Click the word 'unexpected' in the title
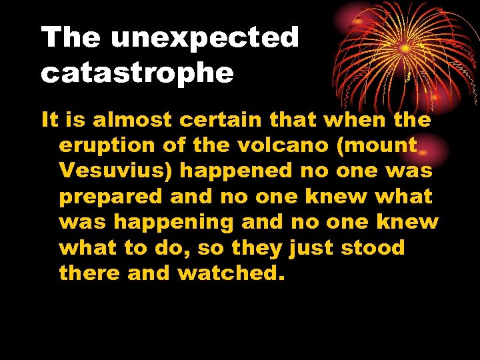205,38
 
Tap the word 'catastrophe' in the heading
137,73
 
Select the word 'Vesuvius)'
116,171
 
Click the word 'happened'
236,171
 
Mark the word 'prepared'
111,197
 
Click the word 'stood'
373,247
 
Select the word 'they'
257,247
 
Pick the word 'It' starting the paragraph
50,120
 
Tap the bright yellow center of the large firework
404,48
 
